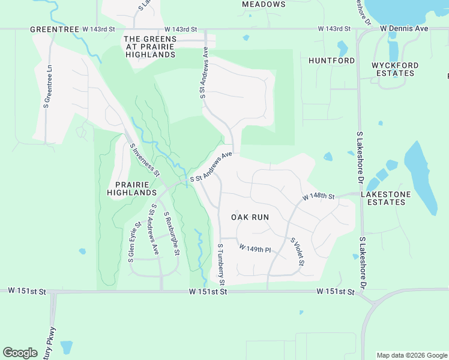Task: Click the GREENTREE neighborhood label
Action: [55, 29]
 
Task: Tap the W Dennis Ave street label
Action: [404, 28]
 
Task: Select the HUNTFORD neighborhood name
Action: [331, 61]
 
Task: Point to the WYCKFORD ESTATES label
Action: [393, 69]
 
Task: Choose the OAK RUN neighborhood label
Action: [250, 217]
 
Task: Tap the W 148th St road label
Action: [318, 197]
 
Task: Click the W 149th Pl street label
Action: [255, 248]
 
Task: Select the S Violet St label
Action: [298, 253]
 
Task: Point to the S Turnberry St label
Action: [221, 264]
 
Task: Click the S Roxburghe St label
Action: [171, 233]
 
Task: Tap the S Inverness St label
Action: [145, 160]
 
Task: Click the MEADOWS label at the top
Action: [264, 4]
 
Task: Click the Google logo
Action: [20, 353]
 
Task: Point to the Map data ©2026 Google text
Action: [411, 355]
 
